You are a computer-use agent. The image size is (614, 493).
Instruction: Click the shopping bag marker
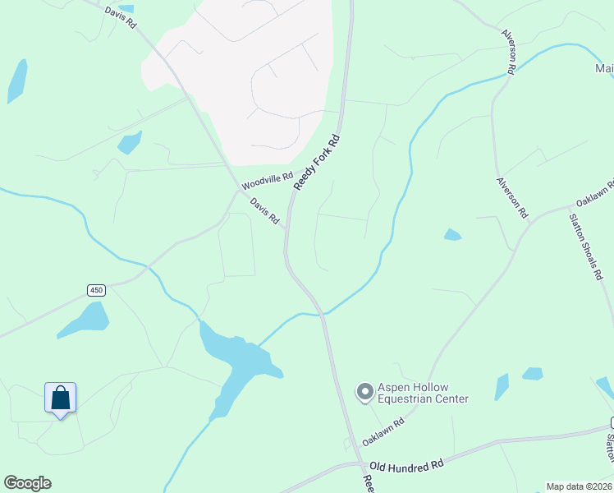(60, 399)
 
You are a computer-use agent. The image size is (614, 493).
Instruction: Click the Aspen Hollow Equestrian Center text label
(423, 394)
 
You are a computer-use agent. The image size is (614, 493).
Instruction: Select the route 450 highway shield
(97, 290)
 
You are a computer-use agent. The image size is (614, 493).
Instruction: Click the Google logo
(27, 483)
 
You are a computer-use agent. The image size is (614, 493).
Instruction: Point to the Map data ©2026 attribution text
(579, 486)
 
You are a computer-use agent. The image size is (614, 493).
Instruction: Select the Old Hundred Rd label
(406, 465)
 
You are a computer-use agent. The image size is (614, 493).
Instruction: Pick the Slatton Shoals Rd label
(586, 247)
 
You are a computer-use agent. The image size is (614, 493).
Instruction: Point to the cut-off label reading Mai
(604, 69)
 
